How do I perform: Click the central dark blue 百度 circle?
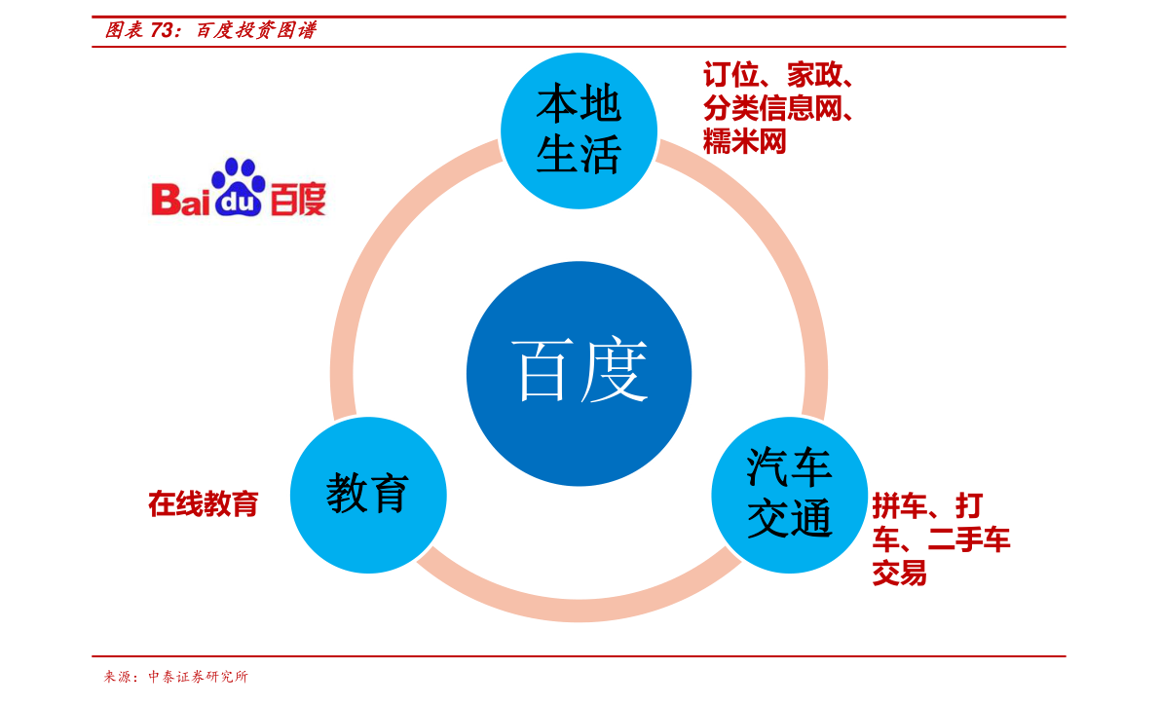tap(579, 373)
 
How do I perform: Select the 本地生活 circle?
tap(579, 130)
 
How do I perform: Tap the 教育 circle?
tap(368, 495)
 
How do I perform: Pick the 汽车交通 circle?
tap(789, 495)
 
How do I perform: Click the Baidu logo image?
tap(236, 188)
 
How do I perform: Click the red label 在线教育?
tap(204, 503)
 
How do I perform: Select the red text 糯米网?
tap(745, 143)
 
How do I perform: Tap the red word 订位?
tap(730, 75)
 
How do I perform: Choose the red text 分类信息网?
tap(772, 109)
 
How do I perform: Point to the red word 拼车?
tap(898, 506)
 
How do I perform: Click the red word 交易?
tap(899, 574)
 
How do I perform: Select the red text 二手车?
tap(969, 539)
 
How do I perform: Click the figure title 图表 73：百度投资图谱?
tap(210, 30)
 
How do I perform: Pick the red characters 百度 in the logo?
tap(297, 200)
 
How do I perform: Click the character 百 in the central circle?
tap(542, 373)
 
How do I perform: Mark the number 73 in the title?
tap(163, 30)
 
